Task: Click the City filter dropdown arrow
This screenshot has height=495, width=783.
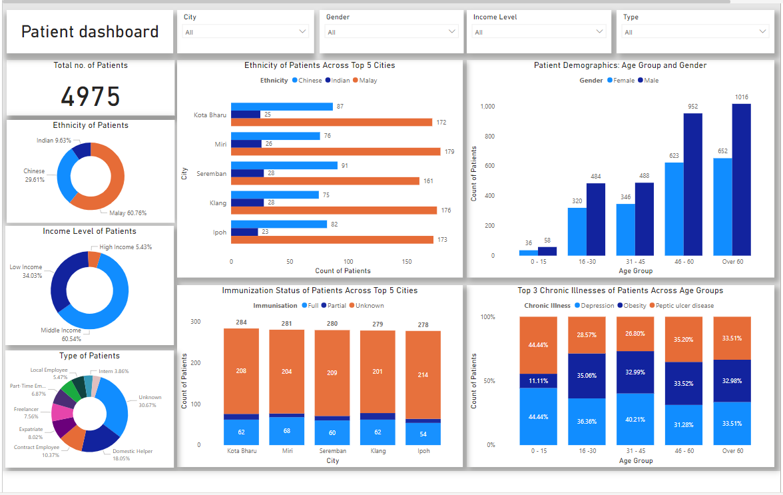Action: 303,31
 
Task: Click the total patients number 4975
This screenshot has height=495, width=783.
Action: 91,97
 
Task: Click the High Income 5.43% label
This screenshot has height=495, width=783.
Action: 126,247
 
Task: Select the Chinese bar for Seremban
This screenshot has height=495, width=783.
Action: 284,165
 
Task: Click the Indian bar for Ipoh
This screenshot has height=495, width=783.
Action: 244,232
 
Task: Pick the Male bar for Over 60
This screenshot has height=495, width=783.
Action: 741,179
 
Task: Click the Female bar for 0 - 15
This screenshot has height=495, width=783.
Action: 529,252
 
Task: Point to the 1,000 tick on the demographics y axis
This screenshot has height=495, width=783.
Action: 487,107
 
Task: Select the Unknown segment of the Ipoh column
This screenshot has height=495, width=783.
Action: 423,375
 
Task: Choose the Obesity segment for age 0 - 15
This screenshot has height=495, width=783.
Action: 538,380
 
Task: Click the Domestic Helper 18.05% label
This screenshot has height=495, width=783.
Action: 132,454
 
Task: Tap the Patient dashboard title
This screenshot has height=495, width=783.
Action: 90,31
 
